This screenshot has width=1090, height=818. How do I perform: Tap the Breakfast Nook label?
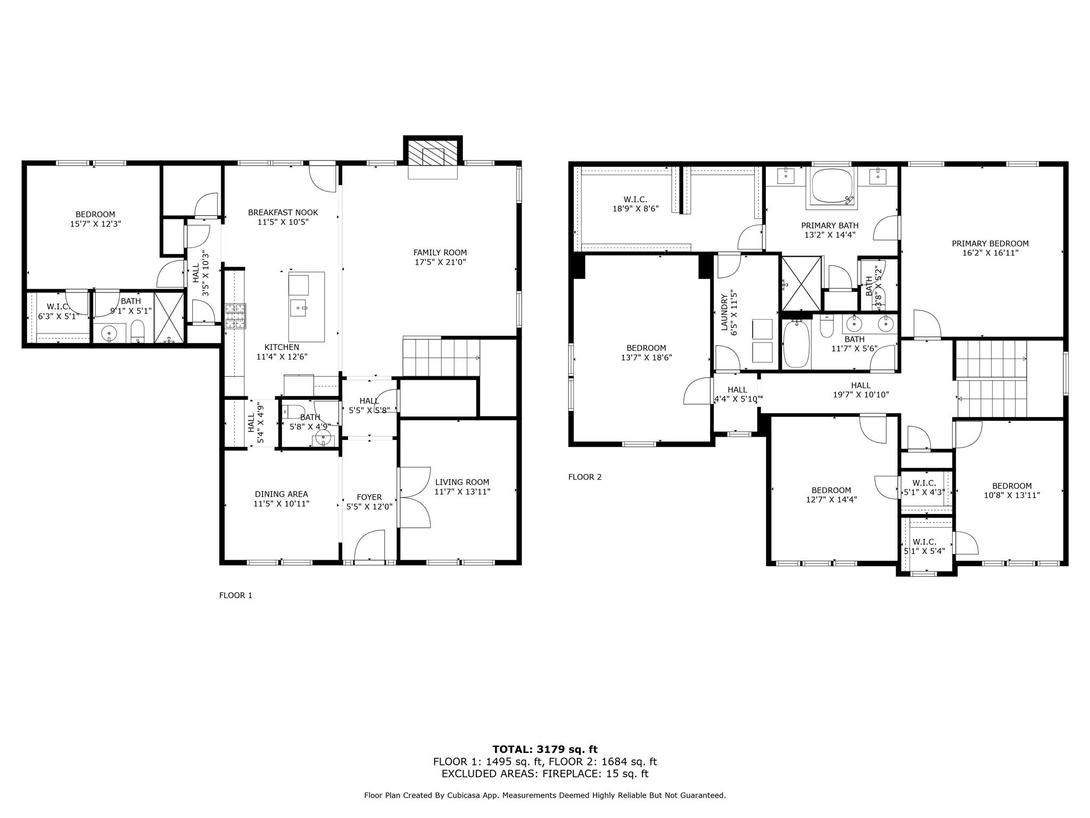click(283, 212)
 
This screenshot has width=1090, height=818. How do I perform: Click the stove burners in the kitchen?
click(236, 315)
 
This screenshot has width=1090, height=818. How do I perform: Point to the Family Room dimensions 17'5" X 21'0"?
click(440, 262)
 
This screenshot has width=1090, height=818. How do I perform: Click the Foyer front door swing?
click(370, 545)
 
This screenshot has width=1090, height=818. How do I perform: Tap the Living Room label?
click(462, 482)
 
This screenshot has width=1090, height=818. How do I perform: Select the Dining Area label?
click(281, 494)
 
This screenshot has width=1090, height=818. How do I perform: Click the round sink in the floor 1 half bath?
click(323, 439)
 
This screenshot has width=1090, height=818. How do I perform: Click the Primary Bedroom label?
click(990, 243)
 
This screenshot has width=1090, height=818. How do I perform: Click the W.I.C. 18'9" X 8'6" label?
click(635, 200)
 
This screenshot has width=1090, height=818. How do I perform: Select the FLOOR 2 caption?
click(584, 477)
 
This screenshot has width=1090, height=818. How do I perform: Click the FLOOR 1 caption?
click(235, 595)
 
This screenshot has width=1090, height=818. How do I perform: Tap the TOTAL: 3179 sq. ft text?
click(544, 750)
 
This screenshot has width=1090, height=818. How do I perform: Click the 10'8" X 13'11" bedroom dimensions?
click(1012, 495)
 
